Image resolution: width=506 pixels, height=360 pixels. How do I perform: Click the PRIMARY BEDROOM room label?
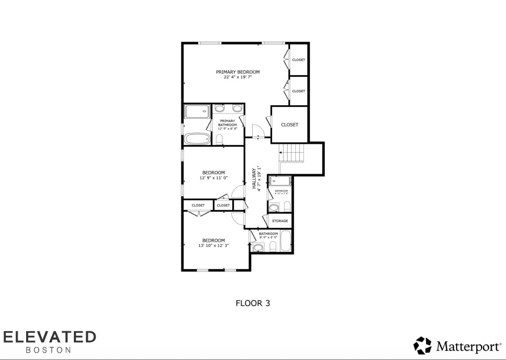[237, 72]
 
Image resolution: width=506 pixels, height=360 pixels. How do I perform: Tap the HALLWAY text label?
[254, 178]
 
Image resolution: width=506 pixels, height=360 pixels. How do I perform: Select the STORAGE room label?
[280, 221]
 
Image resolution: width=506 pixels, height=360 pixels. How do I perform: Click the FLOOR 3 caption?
[253, 303]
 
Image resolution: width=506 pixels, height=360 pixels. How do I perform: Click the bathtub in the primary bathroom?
[197, 139]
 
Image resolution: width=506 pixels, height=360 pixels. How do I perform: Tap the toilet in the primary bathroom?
[220, 140]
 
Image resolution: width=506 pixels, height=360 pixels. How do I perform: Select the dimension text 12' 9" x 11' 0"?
[213, 178]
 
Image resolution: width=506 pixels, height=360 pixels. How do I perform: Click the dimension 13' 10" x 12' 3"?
[213, 245]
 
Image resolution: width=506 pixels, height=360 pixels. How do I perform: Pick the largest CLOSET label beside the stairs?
[289, 124]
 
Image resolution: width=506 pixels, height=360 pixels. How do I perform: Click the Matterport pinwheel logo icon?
[422, 345]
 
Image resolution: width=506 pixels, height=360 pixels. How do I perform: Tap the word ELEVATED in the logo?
[49, 337]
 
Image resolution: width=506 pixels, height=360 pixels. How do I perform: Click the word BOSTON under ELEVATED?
[48, 350]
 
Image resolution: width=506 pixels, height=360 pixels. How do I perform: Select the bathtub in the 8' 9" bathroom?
[286, 241]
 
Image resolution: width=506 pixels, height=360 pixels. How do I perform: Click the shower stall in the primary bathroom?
[197, 111]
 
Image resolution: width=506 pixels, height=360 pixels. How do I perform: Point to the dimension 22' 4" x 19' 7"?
[237, 77]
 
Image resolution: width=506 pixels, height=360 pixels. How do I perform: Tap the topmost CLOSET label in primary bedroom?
[298, 60]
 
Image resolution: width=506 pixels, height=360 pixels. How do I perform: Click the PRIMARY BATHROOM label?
[227, 123]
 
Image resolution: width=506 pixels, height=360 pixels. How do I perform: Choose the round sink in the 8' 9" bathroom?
[258, 247]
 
